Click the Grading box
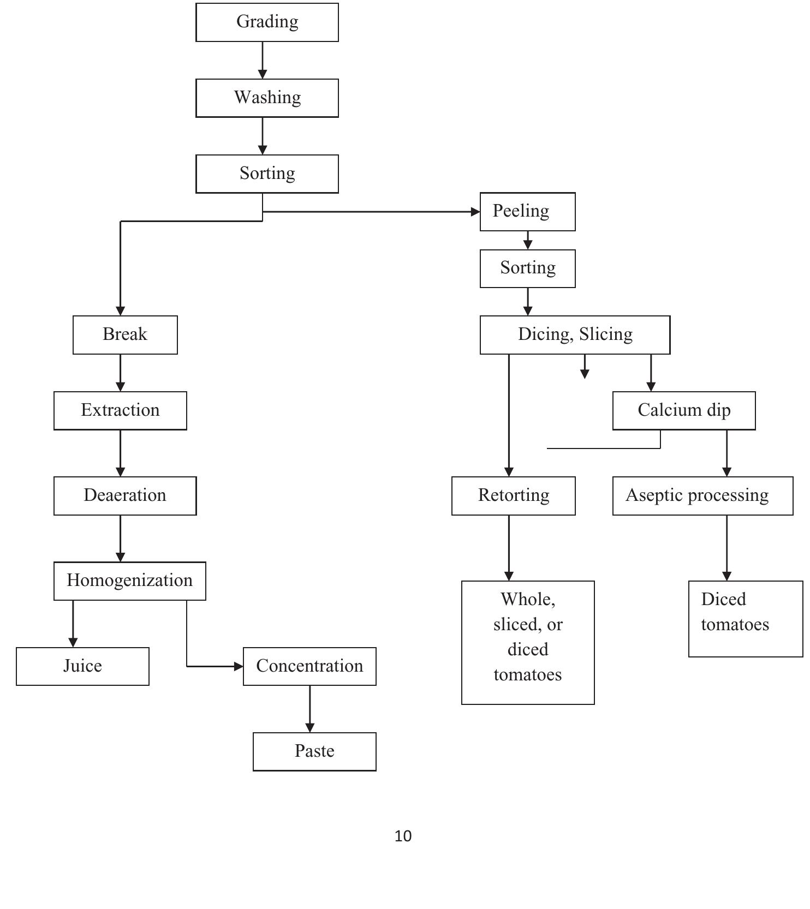tap(267, 22)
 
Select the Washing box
tap(267, 98)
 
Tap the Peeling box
tap(527, 212)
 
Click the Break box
tap(125, 335)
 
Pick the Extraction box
tap(120, 411)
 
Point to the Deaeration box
tap(125, 496)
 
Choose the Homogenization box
tap(130, 581)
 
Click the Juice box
tap(82, 667)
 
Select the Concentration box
tap(309, 667)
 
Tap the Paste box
tap(314, 752)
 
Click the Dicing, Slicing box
tap(575, 335)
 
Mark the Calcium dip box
tap(684, 411)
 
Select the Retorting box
tap(513, 496)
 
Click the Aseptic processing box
tap(702, 496)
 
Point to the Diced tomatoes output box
tap(746, 619)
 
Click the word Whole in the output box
tap(528, 600)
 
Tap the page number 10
tap(403, 836)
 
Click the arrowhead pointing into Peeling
tap(475, 212)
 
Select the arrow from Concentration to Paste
tap(310, 709)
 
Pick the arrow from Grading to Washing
tap(263, 60)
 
